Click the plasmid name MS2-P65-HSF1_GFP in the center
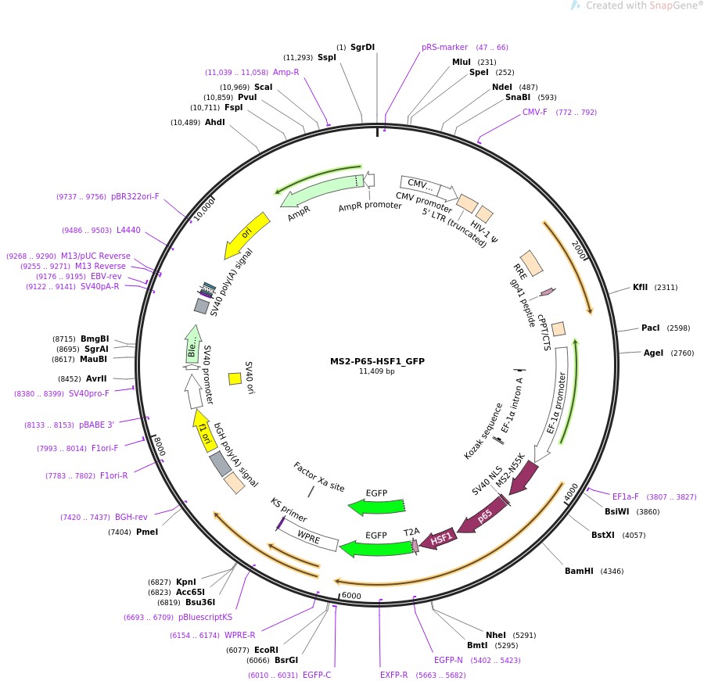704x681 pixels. click(377, 360)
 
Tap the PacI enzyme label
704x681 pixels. click(650, 328)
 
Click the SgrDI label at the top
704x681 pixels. click(362, 47)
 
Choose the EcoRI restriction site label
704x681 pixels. click(266, 650)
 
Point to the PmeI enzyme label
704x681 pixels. click(147, 532)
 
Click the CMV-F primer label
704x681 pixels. click(535, 112)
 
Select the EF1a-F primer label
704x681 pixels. click(626, 496)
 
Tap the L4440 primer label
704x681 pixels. click(128, 230)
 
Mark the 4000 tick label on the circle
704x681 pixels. click(572, 493)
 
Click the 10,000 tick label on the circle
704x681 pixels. click(204, 209)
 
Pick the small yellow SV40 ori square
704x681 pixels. click(235, 378)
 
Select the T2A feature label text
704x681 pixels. click(411, 532)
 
